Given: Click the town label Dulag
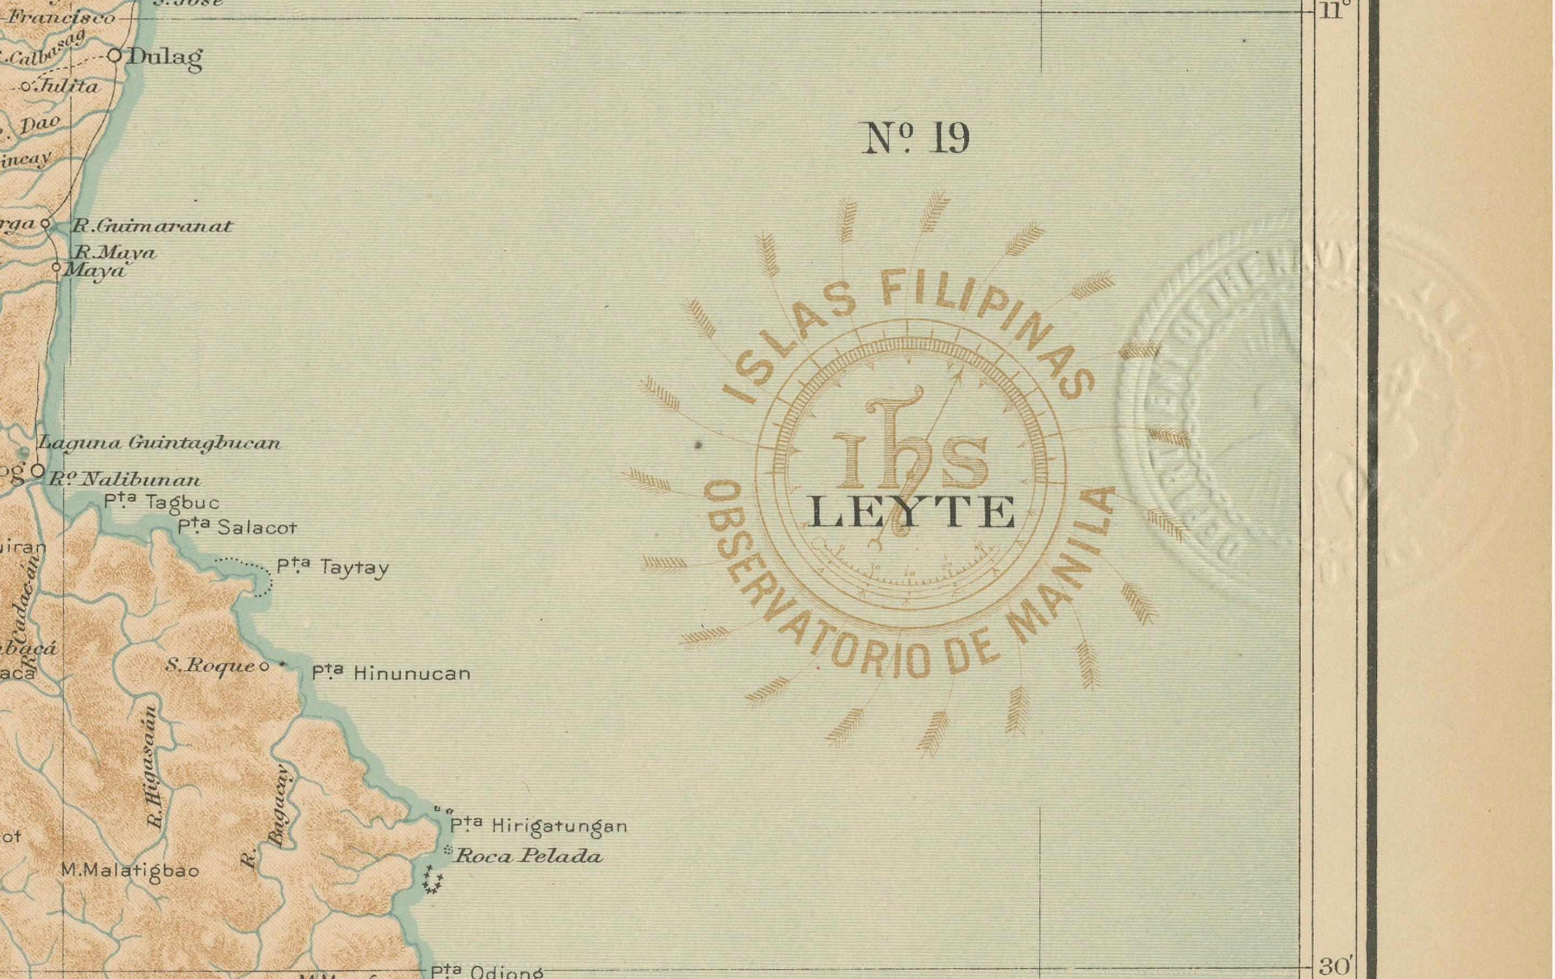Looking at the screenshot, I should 165,58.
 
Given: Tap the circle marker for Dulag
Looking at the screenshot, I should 114,56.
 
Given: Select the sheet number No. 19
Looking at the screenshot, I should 916,138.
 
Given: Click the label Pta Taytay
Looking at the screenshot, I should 333,568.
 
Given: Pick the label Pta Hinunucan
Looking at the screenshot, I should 391,673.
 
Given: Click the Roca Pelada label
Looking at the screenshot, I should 528,857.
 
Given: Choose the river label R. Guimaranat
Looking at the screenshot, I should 151,227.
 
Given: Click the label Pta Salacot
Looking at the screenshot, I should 238,527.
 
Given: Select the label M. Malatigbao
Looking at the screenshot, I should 130,871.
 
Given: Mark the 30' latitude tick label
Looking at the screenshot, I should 1335,967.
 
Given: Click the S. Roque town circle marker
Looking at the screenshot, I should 263,667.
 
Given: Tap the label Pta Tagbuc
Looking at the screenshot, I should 161,501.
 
